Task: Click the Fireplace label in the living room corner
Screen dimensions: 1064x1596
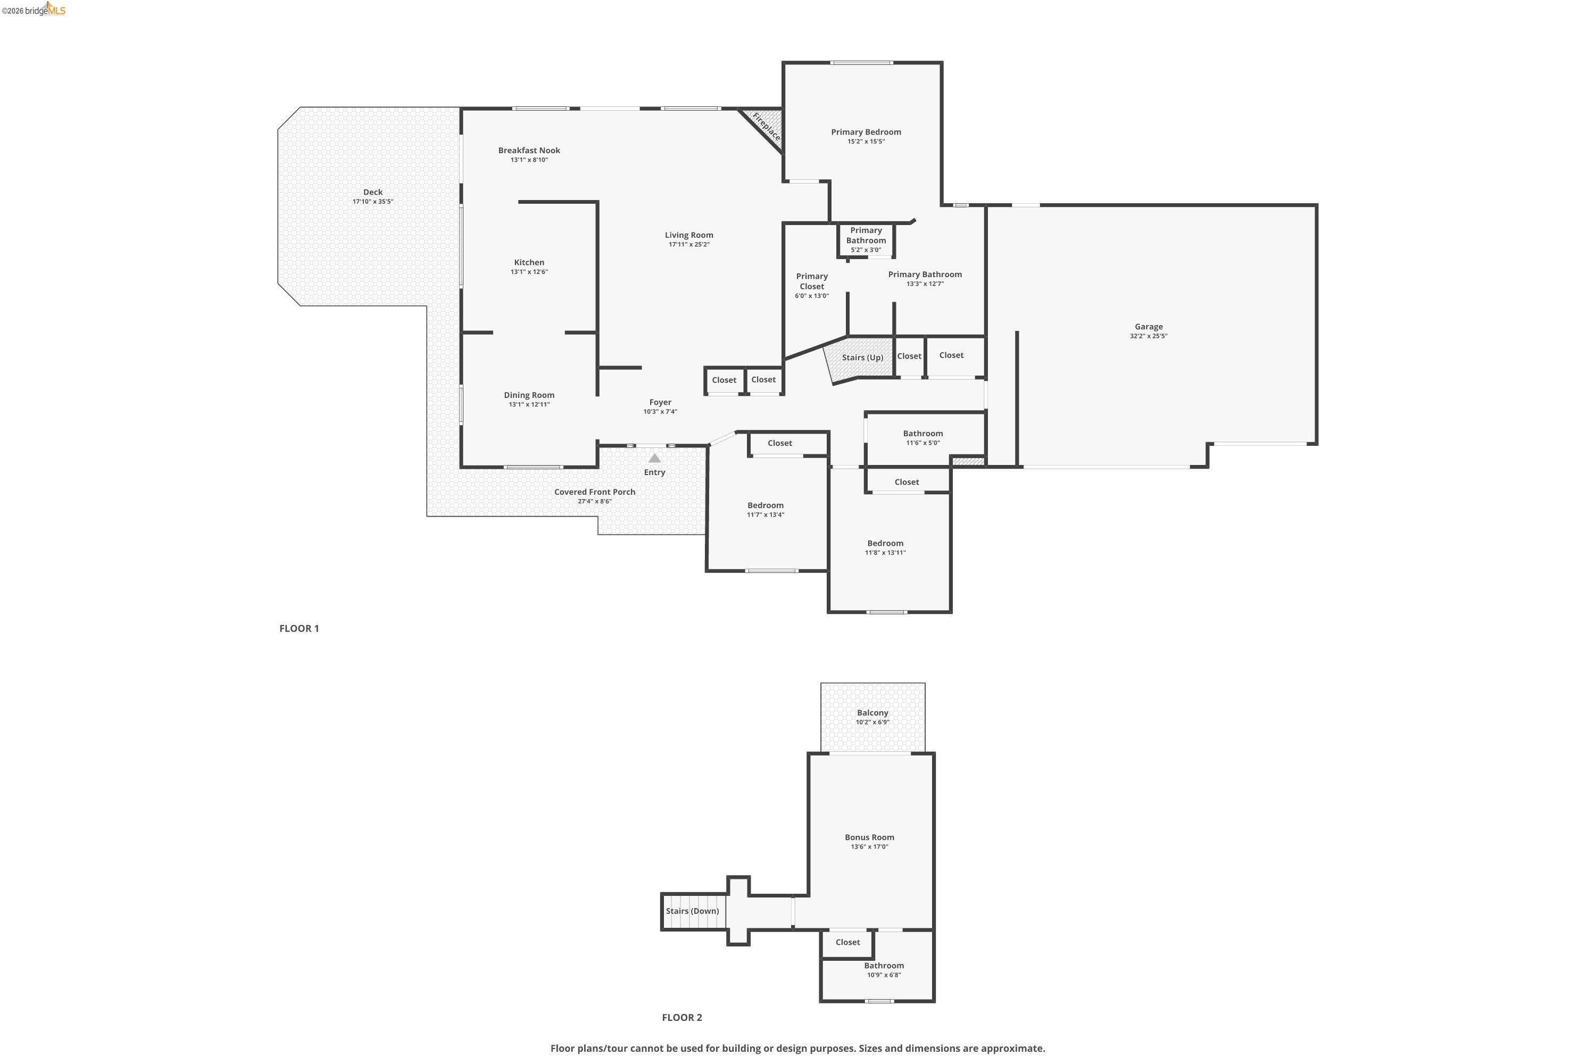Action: click(x=766, y=127)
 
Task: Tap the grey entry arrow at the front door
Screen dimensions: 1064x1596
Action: click(x=654, y=458)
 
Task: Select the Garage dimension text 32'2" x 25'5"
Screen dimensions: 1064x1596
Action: click(x=1148, y=336)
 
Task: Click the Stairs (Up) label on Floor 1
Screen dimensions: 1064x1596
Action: click(x=862, y=358)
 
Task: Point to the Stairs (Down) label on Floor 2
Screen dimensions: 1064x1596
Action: click(x=692, y=911)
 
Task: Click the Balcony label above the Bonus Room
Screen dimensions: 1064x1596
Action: click(x=872, y=712)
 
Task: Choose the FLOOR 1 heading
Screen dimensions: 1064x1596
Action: click(x=298, y=628)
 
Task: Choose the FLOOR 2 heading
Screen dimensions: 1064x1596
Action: click(x=681, y=1017)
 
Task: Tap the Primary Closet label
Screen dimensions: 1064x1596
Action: click(x=812, y=281)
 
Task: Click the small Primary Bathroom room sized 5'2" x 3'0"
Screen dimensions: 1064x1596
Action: click(x=866, y=239)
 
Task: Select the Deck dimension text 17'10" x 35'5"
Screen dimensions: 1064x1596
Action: click(x=372, y=202)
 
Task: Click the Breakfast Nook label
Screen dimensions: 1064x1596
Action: click(x=529, y=151)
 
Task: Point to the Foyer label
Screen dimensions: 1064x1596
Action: click(x=660, y=402)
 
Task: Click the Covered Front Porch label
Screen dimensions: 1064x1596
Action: click(x=594, y=492)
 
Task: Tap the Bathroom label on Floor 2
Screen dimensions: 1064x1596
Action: click(x=884, y=966)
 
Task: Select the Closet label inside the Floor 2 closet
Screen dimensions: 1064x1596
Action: click(x=847, y=942)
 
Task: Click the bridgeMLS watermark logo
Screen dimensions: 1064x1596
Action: click(x=34, y=10)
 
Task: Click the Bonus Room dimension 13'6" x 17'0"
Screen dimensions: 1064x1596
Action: click(x=869, y=847)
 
